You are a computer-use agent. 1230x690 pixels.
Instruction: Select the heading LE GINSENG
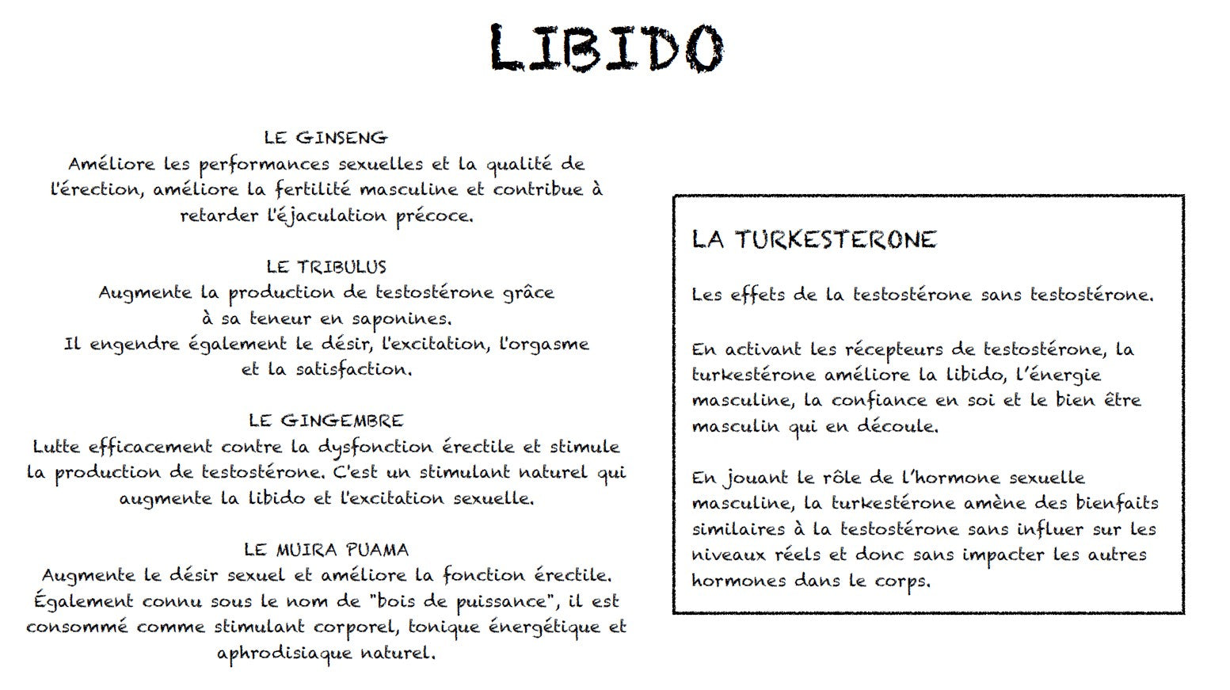[326, 138]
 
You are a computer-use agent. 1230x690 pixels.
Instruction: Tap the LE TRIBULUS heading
[326, 267]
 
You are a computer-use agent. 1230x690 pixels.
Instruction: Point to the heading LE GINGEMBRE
[326, 421]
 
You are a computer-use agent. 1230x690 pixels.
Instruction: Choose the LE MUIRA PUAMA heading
[326, 550]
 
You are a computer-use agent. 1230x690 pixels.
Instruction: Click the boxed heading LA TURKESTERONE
[813, 240]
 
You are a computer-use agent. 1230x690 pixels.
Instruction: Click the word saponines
[402, 319]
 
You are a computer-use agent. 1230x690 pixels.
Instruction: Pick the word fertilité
[314, 190]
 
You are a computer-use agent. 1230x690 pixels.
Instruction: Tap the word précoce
[434, 216]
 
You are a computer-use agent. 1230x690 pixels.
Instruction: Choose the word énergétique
[545, 627]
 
